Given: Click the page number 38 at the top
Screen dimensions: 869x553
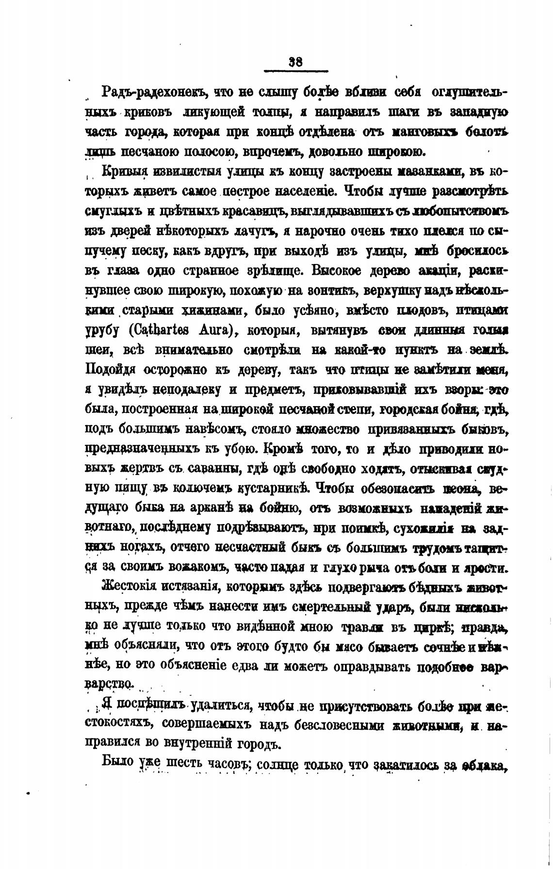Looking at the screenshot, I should [295, 62].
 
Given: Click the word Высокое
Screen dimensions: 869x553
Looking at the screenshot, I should [344, 270].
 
